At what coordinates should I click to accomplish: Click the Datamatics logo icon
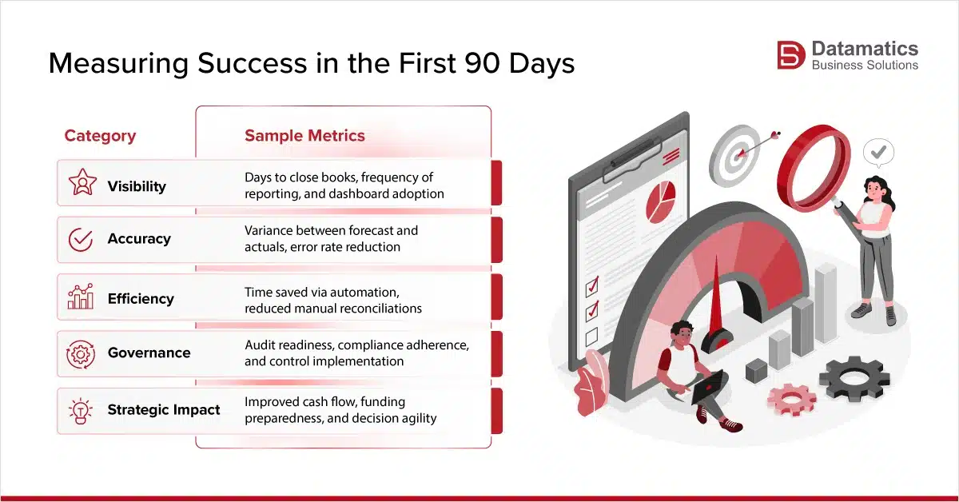point(792,55)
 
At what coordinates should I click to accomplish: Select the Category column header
point(100,136)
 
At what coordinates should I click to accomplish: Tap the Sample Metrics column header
point(304,136)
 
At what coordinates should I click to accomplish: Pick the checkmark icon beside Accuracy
point(81,239)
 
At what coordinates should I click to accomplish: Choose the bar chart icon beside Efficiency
point(81,297)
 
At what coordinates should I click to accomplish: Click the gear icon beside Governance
point(81,353)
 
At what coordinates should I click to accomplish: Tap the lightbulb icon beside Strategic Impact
point(81,410)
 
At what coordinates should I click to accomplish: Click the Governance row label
point(149,353)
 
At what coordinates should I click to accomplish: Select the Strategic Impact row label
point(164,410)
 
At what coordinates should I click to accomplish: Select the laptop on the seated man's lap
point(707,387)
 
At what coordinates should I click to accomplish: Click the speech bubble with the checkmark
point(878,151)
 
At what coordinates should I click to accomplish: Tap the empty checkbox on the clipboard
point(592,336)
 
